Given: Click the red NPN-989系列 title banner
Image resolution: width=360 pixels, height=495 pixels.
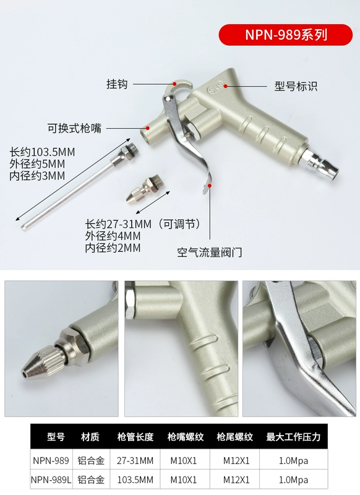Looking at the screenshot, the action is tap(285, 35).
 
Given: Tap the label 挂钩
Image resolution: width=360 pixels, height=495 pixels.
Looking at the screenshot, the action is tap(117, 84).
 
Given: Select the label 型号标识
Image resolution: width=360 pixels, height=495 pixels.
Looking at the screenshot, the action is tap(296, 86).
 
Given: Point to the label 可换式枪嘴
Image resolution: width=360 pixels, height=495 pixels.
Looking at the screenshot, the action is tap(74, 129).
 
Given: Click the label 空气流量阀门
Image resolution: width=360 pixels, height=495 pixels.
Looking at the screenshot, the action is tap(210, 252).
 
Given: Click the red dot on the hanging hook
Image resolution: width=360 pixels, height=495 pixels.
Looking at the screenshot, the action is tap(174, 84).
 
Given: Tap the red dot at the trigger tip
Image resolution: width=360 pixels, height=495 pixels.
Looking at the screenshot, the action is tap(210, 185).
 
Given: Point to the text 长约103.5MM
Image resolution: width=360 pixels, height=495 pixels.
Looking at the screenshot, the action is tap(42, 152).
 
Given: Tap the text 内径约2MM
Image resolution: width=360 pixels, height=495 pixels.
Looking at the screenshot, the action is tap(113, 248).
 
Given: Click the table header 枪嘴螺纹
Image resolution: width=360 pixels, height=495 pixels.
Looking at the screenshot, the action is tap(185, 437).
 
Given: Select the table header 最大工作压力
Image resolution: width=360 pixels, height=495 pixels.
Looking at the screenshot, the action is tap(293, 437).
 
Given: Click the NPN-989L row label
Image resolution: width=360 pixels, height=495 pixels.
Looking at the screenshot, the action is tap(51, 480).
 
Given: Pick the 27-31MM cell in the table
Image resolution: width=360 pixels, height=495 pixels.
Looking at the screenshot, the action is tap(135, 461).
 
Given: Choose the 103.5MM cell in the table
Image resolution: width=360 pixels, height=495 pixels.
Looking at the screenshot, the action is tap(135, 480).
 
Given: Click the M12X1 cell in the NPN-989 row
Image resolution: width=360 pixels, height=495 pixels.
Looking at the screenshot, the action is tap(236, 461).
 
